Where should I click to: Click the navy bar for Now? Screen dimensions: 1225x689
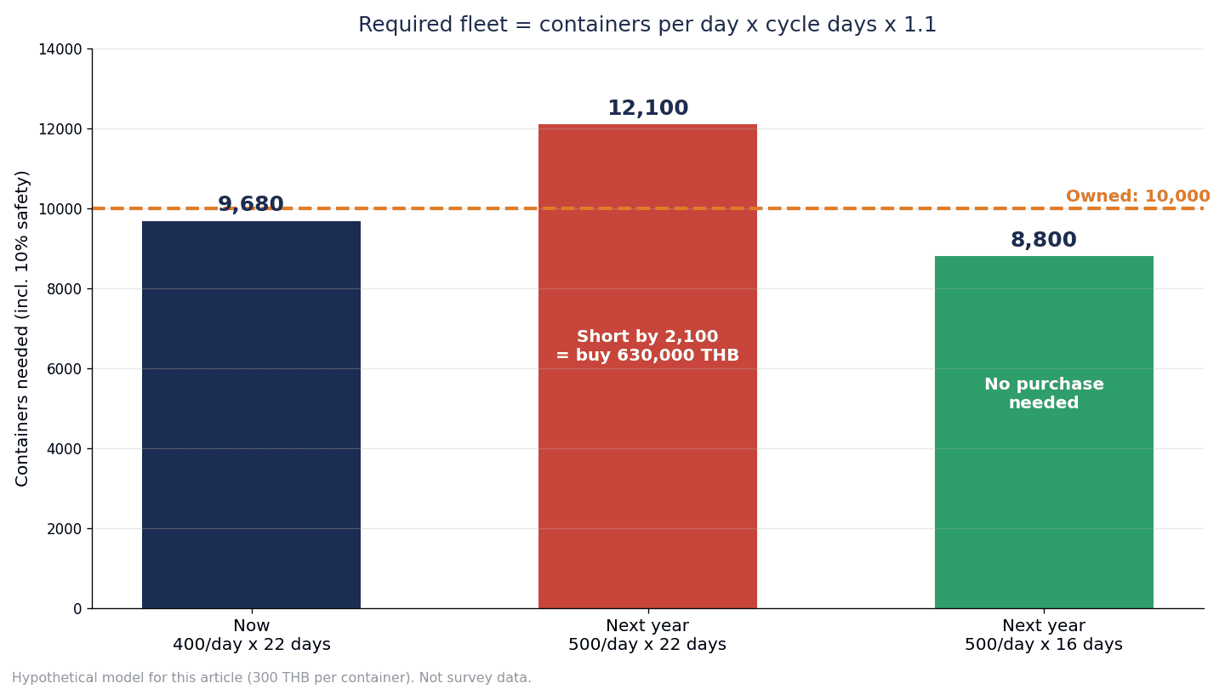coord(251,414)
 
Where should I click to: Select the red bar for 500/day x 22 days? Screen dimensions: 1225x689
coord(647,367)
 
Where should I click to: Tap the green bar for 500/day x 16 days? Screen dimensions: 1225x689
coord(1044,432)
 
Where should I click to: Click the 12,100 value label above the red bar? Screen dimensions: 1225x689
coord(648,108)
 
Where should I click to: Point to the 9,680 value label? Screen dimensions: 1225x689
coord(251,204)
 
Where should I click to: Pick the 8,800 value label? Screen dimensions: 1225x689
coord(1044,240)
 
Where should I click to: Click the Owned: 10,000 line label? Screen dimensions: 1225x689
coord(1137,196)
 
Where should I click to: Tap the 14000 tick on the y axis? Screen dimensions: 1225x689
coord(60,49)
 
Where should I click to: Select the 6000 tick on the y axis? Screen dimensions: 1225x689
coord(65,369)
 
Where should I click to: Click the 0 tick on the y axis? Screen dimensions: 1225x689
coord(77,609)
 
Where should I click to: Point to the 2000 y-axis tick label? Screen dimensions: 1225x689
coord(65,529)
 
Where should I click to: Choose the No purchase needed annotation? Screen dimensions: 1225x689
coord(1044,394)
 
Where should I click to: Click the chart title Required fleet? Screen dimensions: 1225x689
coord(647,26)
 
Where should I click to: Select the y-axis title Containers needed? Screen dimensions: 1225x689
coord(22,328)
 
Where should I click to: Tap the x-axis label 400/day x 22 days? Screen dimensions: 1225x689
coord(252,645)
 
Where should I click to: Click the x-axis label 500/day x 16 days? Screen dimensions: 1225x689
coord(1044,645)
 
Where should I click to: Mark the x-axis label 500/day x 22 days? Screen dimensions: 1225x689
coord(647,645)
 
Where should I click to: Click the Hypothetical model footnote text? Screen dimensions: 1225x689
coord(272,678)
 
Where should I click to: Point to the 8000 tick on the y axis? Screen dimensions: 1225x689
coord(65,289)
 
